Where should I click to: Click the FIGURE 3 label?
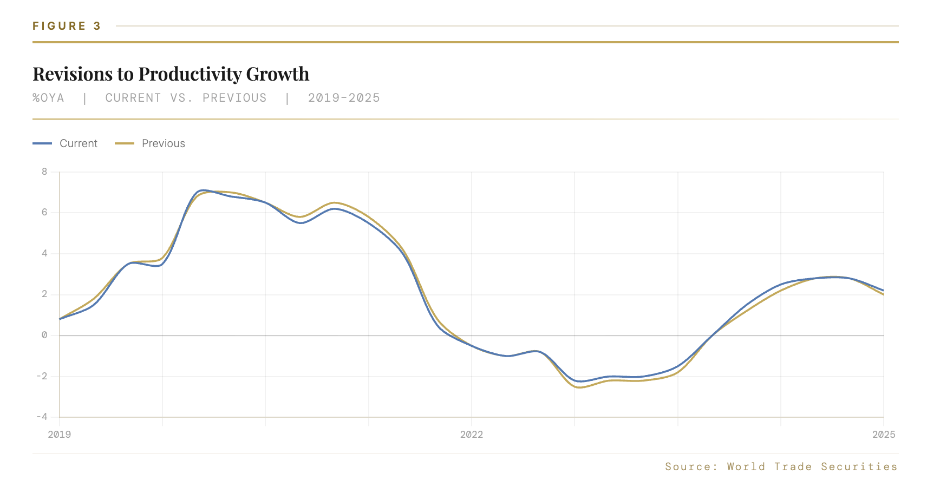pyautogui.click(x=67, y=26)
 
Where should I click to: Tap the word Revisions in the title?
pyautogui.click(x=73, y=74)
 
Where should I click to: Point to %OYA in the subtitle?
pyautogui.click(x=48, y=98)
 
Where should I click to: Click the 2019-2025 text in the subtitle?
pyautogui.click(x=344, y=98)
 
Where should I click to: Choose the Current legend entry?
pyautogui.click(x=79, y=143)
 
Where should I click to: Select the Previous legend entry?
pyautogui.click(x=163, y=143)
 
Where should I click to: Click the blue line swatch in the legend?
pyautogui.click(x=42, y=143)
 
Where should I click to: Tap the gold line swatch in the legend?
pyautogui.click(x=125, y=143)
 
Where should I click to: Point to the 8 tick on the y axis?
pyautogui.click(x=44, y=172)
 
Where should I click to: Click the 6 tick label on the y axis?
pyautogui.click(x=44, y=212)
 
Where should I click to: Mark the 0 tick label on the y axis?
pyautogui.click(x=44, y=335)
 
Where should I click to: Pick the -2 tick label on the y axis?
pyautogui.click(x=42, y=376)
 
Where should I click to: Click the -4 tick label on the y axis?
pyautogui.click(x=42, y=417)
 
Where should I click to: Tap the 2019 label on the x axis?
pyautogui.click(x=59, y=434)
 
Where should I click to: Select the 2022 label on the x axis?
pyautogui.click(x=471, y=434)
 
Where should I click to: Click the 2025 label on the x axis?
pyautogui.click(x=883, y=434)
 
